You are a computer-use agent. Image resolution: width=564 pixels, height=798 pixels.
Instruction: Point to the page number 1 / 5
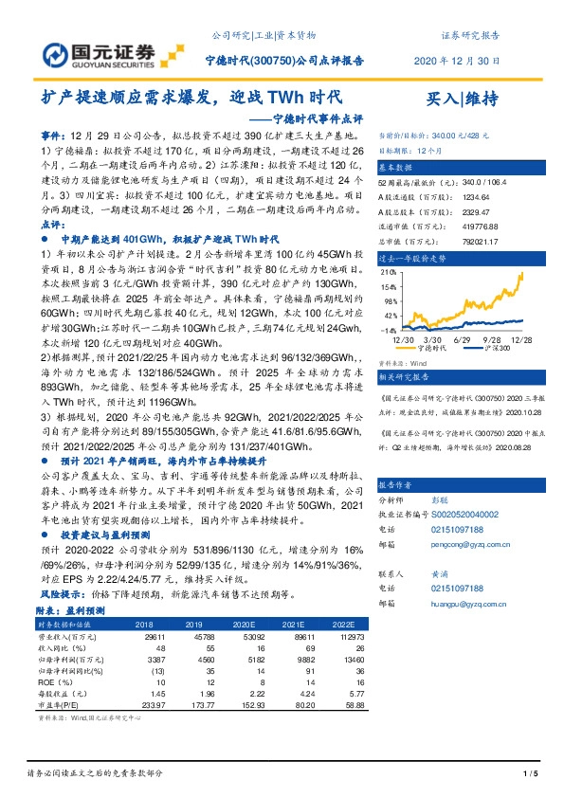[x=530, y=775]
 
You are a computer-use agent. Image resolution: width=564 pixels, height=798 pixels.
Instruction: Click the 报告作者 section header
[x=400, y=482]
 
